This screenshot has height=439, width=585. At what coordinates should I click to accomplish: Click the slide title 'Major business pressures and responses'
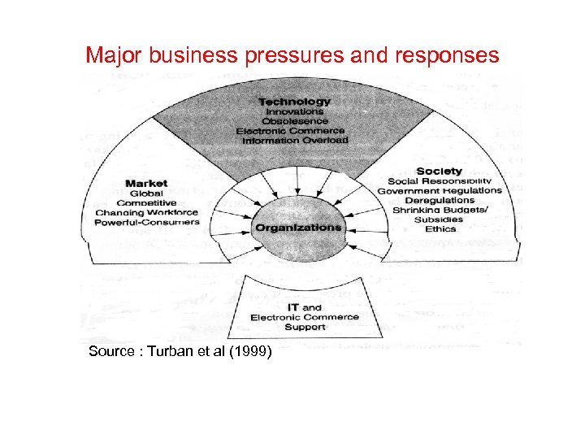tap(292, 55)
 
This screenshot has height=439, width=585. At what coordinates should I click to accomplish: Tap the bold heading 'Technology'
tap(295, 102)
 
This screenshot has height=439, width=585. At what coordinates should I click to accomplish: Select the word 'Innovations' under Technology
tap(294, 111)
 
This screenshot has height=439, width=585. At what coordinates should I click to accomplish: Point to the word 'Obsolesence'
tap(294, 121)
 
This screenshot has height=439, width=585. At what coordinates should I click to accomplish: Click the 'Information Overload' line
tap(294, 140)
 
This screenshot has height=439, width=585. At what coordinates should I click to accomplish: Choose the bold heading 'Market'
tap(145, 184)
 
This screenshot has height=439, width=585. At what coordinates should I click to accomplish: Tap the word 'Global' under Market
tap(146, 193)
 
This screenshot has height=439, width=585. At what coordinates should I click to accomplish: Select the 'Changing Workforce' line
tap(146, 212)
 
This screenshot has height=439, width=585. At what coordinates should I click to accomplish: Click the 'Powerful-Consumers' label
tap(146, 222)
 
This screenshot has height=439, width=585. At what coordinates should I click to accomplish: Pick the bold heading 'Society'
tap(439, 171)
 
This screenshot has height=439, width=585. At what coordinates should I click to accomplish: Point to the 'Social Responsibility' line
tap(440, 180)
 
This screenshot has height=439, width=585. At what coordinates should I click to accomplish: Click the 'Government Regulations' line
tap(440, 190)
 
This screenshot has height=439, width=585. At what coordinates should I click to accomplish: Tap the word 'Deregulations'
tap(440, 200)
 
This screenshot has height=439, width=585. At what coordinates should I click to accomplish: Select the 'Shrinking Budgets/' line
tap(440, 210)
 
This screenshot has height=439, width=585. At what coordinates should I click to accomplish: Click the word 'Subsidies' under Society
tap(440, 219)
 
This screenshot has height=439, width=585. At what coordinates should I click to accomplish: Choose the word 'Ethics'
tap(440, 229)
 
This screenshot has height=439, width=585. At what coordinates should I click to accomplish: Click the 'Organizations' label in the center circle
tap(298, 228)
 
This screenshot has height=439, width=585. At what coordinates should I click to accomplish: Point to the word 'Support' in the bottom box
tap(305, 327)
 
